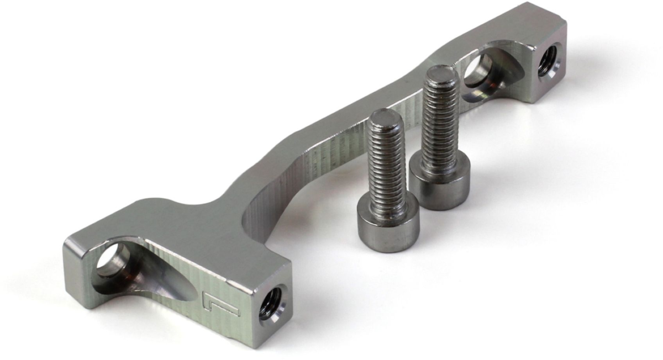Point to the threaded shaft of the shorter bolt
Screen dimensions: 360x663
tap(388, 160)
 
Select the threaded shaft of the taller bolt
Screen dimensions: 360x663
tap(440, 119)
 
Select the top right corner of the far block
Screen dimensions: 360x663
tap(565, 22)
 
